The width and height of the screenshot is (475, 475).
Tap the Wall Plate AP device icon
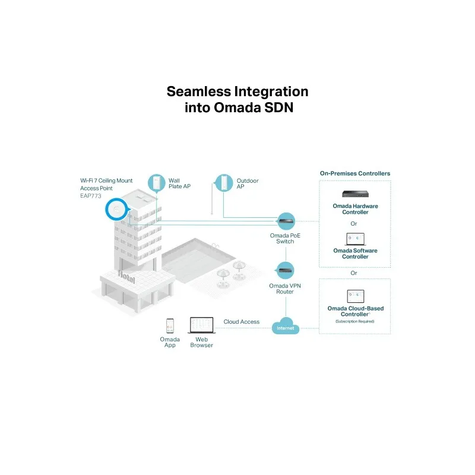tap(157, 183)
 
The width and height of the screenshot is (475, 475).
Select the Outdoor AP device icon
tap(223, 183)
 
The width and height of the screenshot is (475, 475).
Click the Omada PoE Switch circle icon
tap(286, 221)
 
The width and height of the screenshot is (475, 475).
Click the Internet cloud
tap(286, 325)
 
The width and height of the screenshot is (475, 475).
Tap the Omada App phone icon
tap(170, 325)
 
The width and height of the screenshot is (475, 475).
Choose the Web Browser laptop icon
tap(201, 325)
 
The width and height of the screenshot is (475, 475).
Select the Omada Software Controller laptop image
tap(355, 239)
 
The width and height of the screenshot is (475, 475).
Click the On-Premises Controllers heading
tap(355, 173)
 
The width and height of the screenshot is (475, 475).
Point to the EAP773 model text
tap(90, 195)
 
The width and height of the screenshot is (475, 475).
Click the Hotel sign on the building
tap(126, 274)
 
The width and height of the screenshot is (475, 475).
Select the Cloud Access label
tap(241, 322)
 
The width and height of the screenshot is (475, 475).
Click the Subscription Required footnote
tap(355, 321)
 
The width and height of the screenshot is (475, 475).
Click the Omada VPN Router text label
tap(286, 289)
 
